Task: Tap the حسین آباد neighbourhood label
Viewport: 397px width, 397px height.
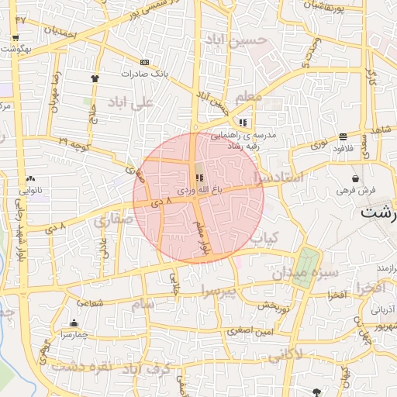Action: coord(236,39)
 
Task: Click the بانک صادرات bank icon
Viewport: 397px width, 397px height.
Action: coord(144,62)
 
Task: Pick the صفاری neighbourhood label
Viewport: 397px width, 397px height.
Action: coord(113,220)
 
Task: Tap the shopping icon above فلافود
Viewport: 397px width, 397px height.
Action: coord(343,136)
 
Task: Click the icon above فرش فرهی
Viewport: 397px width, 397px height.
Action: coord(355,178)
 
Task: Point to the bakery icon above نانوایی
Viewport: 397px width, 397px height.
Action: coord(30,178)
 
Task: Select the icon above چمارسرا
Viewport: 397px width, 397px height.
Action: coord(74,323)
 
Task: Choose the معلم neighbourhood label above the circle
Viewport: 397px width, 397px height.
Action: coord(248,95)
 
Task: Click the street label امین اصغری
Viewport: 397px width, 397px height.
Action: coord(250,331)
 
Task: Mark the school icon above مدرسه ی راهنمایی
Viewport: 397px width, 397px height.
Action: coord(243,122)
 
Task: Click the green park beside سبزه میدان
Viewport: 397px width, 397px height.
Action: coord(307,268)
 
